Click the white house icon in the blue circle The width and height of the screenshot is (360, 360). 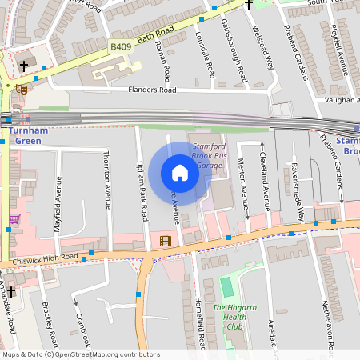[180, 173]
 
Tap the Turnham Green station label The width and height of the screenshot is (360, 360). [37, 135]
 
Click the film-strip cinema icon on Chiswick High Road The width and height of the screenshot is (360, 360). [166, 241]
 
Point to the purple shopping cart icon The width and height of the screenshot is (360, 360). [14, 218]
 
